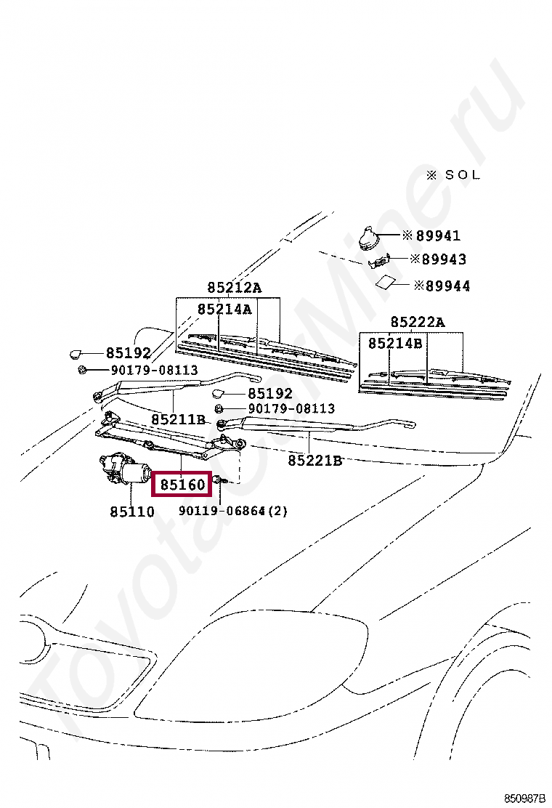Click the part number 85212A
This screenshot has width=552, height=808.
[x=234, y=288]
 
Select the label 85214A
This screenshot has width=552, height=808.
[x=224, y=310]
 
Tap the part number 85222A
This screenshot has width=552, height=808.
[x=417, y=322]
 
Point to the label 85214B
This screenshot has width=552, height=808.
[x=394, y=343]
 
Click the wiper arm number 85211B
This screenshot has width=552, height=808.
[x=179, y=420]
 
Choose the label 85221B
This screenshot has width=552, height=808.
[x=314, y=460]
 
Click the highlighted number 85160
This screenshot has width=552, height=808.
[x=182, y=483]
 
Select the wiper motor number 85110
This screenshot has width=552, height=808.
[x=132, y=512]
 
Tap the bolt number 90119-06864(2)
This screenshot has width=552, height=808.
[x=233, y=512]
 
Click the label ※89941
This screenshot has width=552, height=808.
[x=431, y=235]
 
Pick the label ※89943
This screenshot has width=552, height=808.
[x=438, y=259]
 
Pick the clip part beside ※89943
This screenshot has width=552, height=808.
[x=381, y=259]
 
